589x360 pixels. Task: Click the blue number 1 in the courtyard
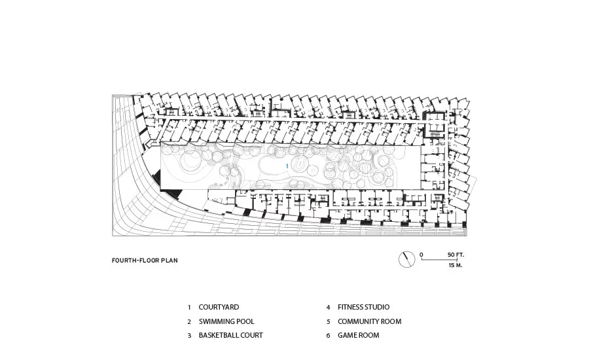[x=287, y=166]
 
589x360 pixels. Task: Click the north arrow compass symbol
[x=407, y=259]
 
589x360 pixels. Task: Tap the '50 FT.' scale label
[x=455, y=255]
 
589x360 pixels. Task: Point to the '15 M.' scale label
[x=455, y=265]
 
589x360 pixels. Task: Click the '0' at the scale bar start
[x=421, y=255]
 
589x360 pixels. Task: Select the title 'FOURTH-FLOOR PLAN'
[x=145, y=261]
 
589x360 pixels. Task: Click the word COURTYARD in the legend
[x=219, y=307]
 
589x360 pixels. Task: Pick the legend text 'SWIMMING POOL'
[x=226, y=321]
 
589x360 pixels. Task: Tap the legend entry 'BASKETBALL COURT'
[x=230, y=335]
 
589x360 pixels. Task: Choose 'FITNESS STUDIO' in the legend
[x=364, y=307]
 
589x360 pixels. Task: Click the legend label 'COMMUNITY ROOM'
[x=370, y=321]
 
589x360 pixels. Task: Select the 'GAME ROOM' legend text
[x=359, y=335]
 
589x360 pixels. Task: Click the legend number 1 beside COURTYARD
[x=189, y=308]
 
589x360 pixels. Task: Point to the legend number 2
[x=189, y=321]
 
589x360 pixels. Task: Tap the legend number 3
[x=189, y=336]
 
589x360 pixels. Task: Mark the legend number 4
[x=328, y=308]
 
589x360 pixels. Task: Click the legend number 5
[x=328, y=321]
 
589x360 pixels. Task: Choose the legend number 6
[x=328, y=336]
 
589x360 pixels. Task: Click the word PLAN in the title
[x=170, y=261]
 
